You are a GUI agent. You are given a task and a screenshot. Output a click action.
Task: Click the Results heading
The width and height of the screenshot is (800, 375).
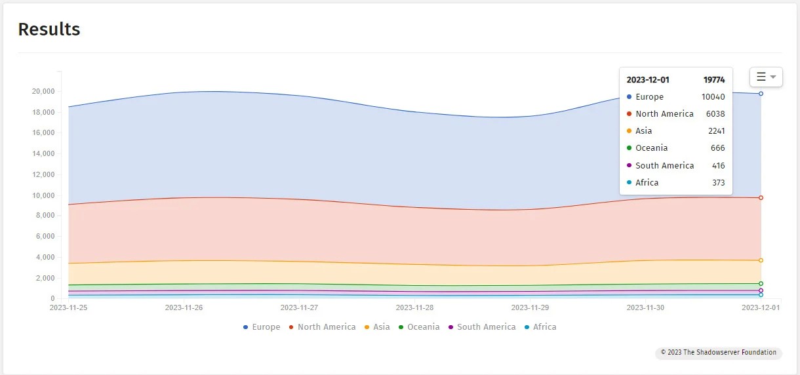49,30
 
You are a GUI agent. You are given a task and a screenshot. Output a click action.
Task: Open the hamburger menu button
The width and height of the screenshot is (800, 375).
766,77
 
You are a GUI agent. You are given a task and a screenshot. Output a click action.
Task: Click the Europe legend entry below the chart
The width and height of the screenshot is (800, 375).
262,327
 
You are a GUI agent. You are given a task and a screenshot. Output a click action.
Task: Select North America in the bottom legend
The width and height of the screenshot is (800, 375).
322,327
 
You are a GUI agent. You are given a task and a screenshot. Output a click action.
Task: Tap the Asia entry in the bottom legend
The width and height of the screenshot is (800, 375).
377,327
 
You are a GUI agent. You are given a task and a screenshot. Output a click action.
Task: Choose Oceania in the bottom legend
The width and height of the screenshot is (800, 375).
419,327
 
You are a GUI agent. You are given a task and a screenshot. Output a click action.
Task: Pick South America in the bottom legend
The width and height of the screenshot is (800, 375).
481,327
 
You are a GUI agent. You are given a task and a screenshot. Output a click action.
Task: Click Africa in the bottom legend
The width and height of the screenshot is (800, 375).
540,327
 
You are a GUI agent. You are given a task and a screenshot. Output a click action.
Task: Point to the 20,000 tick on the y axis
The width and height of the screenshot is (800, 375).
43,91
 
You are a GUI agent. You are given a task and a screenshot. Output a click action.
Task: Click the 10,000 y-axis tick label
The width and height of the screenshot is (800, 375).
43,195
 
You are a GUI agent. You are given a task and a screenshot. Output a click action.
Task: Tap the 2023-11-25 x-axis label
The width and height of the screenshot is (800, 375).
68,307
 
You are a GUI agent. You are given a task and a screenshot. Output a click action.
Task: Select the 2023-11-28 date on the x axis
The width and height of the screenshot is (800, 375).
414,307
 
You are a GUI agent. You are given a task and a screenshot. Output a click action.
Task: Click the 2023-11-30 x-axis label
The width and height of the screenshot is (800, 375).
645,307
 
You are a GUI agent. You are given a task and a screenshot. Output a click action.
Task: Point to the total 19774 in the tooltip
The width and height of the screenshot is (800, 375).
714,80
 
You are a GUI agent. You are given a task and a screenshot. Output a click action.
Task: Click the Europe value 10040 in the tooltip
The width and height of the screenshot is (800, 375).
713,97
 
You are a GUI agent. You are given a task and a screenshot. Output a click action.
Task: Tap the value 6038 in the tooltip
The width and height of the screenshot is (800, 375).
715,114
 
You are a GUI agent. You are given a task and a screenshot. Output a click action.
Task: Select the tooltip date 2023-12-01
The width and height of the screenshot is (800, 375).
648,80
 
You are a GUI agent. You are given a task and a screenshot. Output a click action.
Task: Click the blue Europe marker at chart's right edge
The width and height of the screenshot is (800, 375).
761,94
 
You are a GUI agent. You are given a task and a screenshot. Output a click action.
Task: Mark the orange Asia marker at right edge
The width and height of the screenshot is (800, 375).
761,260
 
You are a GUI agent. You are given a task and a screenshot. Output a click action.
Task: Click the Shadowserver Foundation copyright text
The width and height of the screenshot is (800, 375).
718,353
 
